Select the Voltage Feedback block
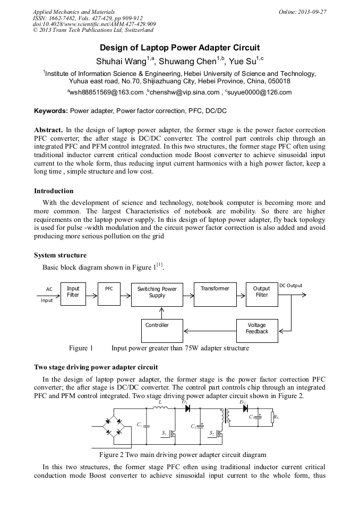(257, 329)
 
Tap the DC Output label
(290, 286)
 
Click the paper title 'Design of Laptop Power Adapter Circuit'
(180, 47)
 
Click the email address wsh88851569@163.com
(106, 92)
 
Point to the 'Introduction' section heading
(54, 191)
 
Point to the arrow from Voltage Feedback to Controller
(210, 329)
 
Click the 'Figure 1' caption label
(81, 349)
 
